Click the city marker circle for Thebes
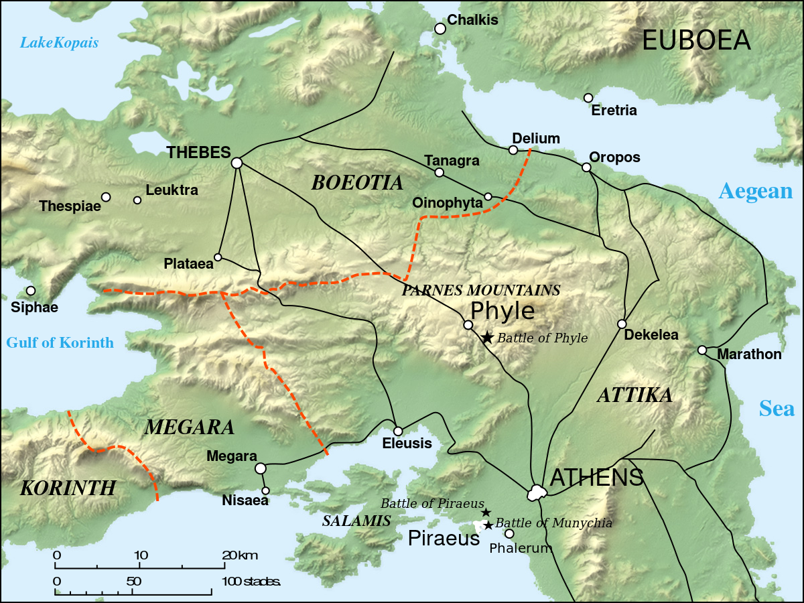[x=237, y=163]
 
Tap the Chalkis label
[x=472, y=20]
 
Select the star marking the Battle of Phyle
[x=487, y=338]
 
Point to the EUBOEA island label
[x=696, y=41]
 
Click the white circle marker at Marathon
[x=702, y=350]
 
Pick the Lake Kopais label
[x=59, y=44]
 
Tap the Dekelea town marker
[x=622, y=324]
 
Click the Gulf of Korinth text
[x=60, y=343]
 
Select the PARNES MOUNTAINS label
[x=480, y=290]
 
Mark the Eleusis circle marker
[x=398, y=431]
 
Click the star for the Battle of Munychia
[x=488, y=525]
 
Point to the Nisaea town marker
[x=265, y=490]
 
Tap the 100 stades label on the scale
[x=251, y=581]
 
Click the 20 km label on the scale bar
[x=239, y=555]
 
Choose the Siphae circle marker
[x=31, y=291]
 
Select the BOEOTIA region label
[x=357, y=183]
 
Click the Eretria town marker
[x=588, y=98]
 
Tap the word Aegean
[x=755, y=192]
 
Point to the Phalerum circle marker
[x=509, y=534]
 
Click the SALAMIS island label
[x=356, y=521]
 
